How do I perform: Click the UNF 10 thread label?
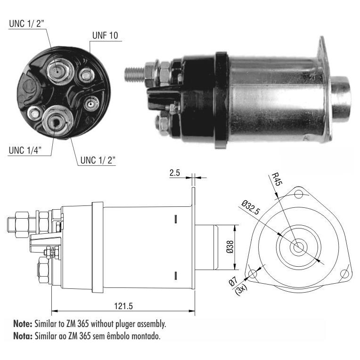coord(105,35)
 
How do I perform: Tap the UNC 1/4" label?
coord(25,150)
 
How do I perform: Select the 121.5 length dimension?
coord(123,306)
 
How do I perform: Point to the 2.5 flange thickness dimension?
coord(175,173)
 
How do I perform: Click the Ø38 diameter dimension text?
coord(230,247)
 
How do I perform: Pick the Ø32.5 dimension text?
coord(251,207)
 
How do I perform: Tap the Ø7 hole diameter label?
coord(233,281)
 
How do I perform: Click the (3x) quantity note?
coord(241,290)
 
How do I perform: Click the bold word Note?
coord(23,324)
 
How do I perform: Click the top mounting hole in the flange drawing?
coord(298,195)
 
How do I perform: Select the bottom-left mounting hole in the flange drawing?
coord(252,274)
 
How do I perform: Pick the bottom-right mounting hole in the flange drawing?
coord(344,274)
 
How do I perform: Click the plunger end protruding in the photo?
coord(340,99)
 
